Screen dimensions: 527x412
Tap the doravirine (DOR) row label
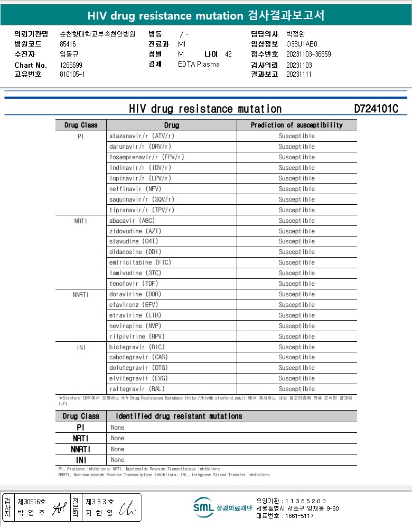[135, 294]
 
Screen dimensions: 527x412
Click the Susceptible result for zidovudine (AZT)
[296, 231]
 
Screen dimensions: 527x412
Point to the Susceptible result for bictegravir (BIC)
[296, 347]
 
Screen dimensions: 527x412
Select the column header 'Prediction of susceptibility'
[296, 125]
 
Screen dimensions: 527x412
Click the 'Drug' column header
[171, 125]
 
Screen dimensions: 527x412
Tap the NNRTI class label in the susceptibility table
[81, 294]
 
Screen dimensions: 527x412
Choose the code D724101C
[376, 109]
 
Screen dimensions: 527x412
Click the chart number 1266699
[71, 65]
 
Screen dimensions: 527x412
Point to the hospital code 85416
[68, 44]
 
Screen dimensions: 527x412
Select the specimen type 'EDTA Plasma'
[199, 65]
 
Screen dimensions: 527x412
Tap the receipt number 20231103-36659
[308, 54]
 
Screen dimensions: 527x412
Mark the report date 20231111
[299, 74]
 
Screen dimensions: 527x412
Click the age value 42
[228, 54]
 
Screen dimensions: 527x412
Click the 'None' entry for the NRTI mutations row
[118, 438]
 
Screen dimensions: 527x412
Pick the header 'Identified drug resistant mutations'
[179, 416]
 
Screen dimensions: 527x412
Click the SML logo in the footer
[203, 507]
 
